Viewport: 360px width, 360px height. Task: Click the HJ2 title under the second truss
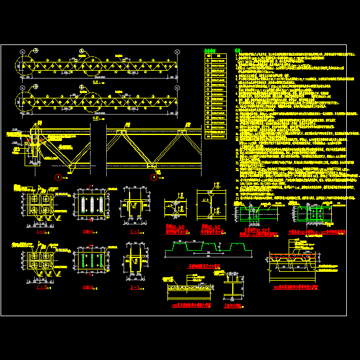97,119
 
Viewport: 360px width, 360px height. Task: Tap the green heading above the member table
209,50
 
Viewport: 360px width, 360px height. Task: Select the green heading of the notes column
237,50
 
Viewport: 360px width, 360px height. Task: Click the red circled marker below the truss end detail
58,176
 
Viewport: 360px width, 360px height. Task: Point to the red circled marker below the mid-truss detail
154,176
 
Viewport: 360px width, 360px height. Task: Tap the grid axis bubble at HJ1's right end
178,50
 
